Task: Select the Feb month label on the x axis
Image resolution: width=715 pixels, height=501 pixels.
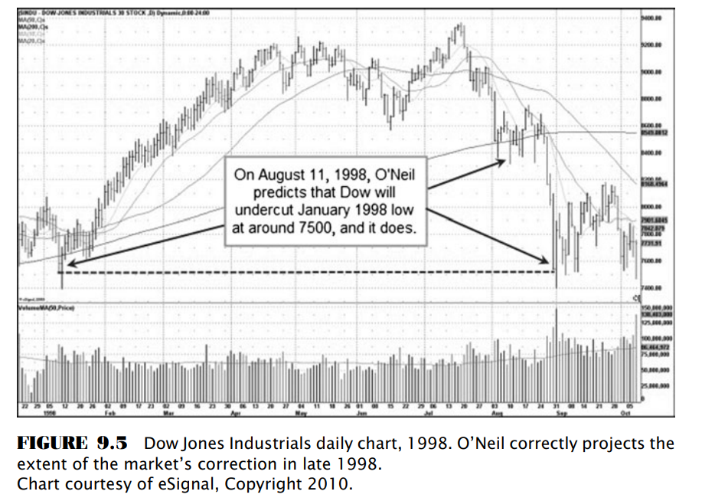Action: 109,411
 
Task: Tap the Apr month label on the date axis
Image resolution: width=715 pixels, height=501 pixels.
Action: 236,411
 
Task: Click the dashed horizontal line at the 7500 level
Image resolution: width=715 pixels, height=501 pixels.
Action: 306,271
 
